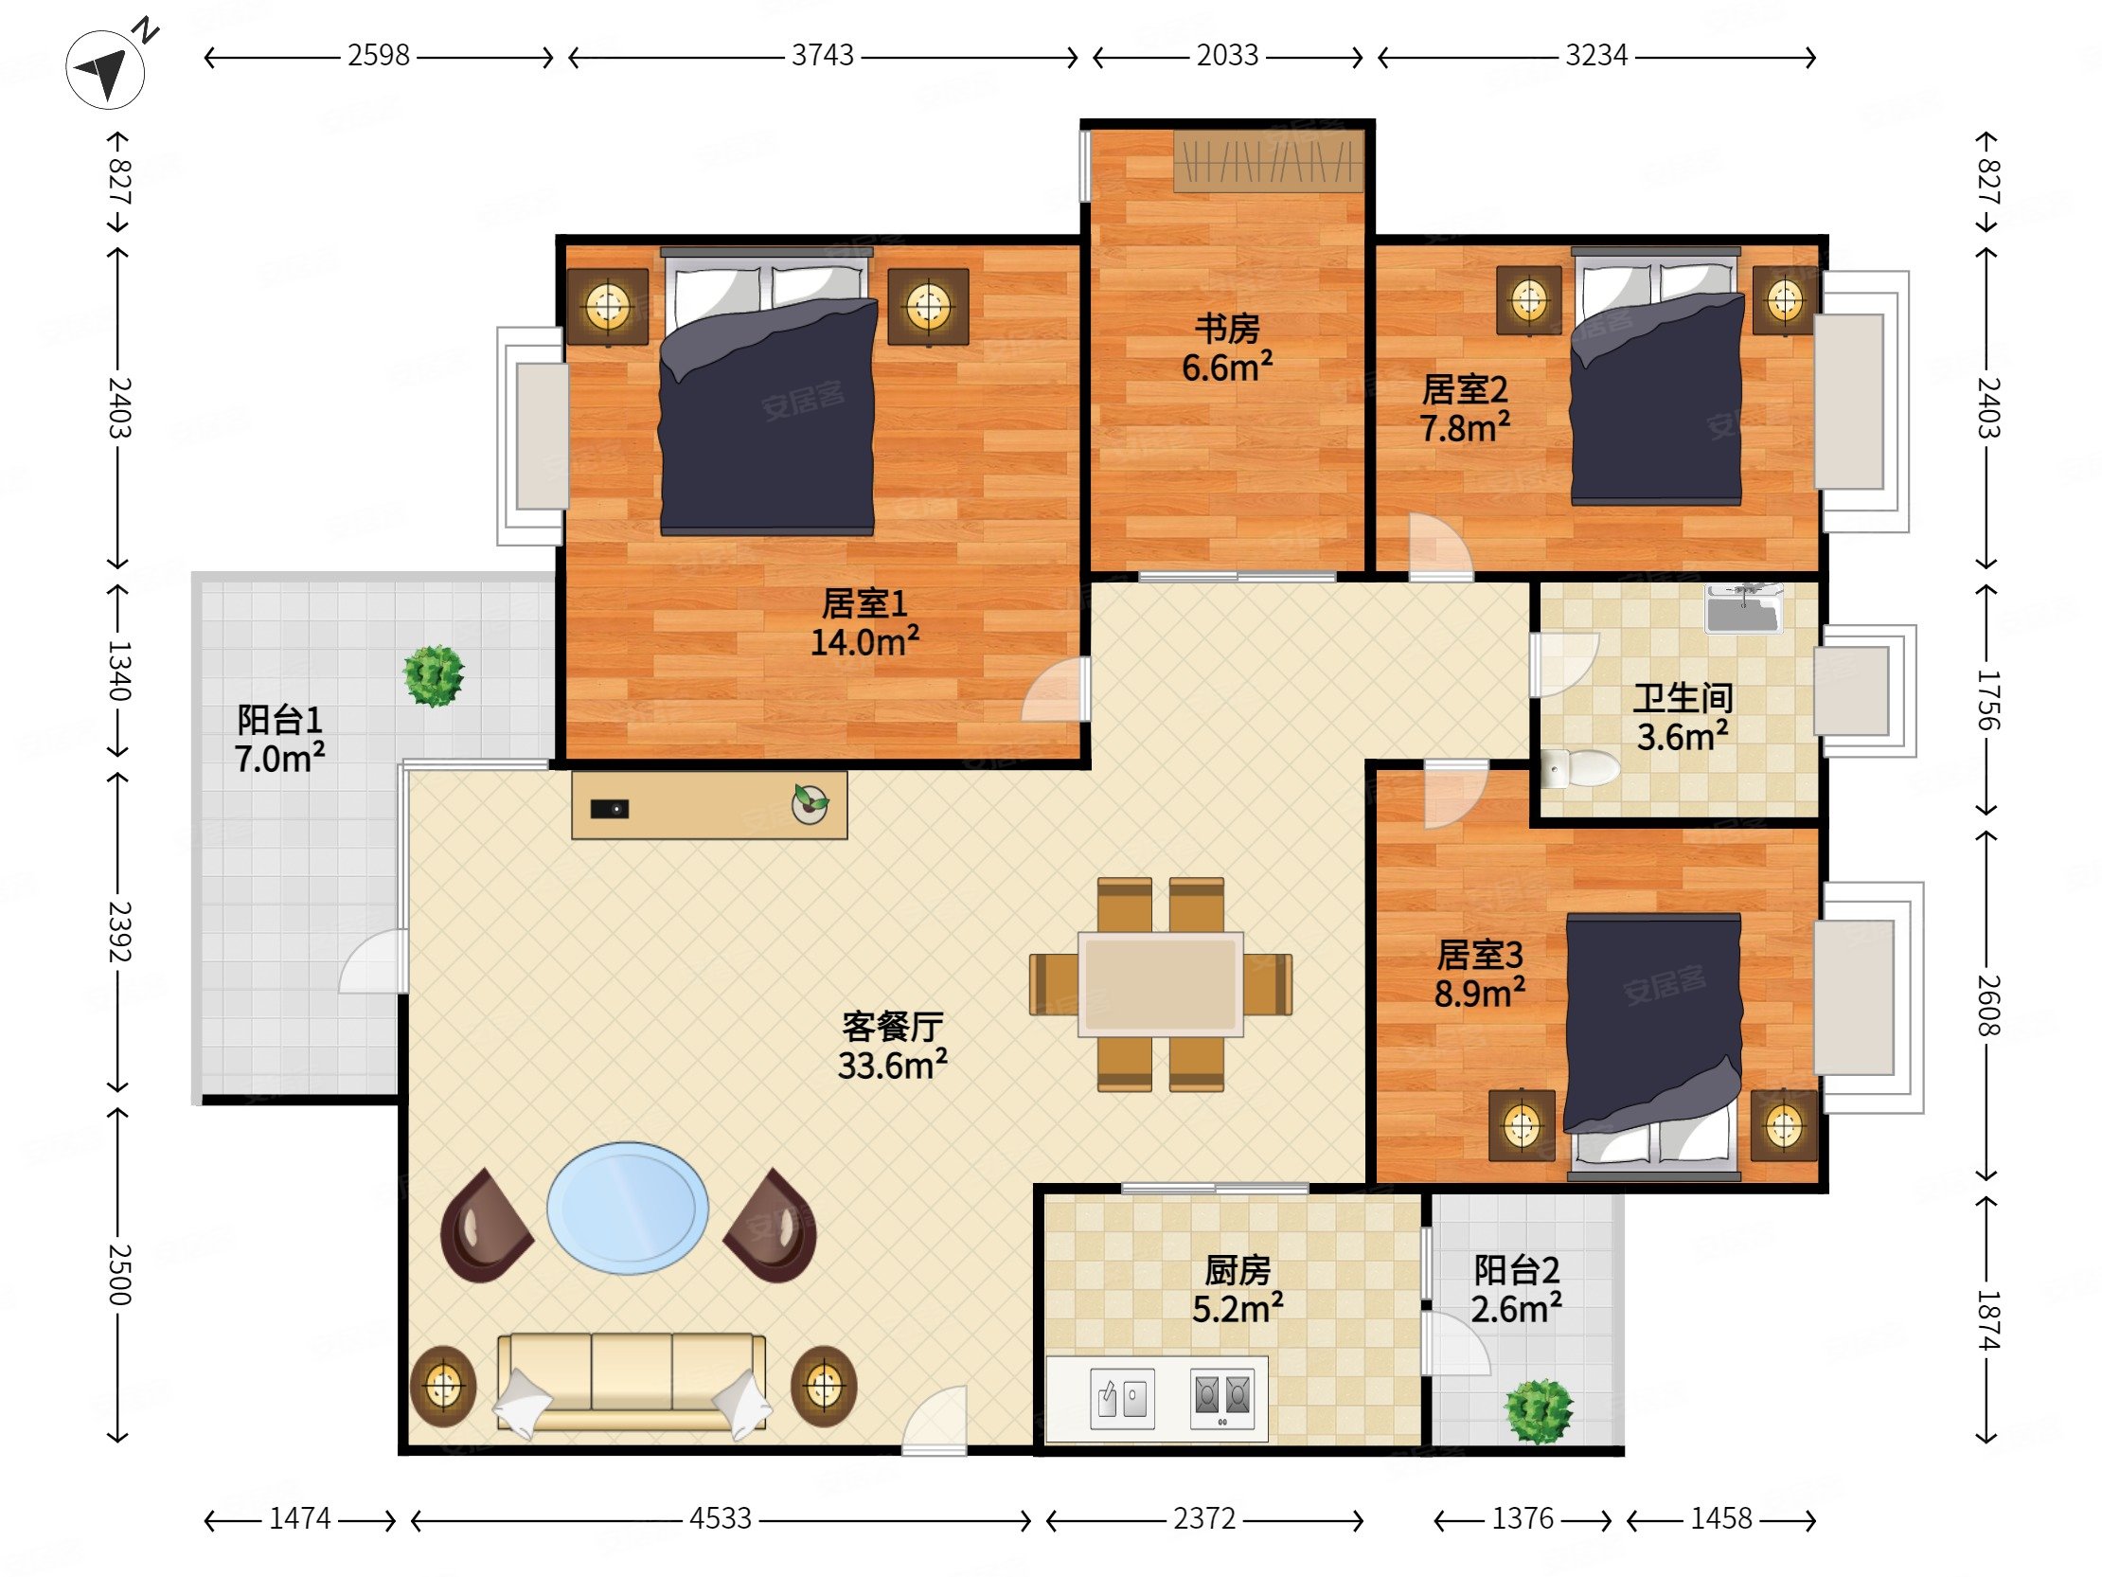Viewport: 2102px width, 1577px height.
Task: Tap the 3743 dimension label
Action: pos(823,56)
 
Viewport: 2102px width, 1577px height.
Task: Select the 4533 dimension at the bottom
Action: pos(721,1519)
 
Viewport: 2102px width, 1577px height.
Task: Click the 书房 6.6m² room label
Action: pos(1227,348)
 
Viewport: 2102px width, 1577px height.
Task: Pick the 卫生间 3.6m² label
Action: pos(1682,718)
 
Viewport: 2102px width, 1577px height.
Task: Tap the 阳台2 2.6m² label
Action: pos(1517,1289)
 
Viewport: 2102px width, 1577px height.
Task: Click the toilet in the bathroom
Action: pos(1578,768)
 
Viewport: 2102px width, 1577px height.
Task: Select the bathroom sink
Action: pos(1745,608)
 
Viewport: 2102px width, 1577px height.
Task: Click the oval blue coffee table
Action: pos(627,1208)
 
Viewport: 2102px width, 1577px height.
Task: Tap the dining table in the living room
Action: pos(1160,983)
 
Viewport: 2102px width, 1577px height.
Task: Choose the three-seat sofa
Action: pos(632,1383)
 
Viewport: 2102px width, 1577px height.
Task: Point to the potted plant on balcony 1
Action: pos(435,676)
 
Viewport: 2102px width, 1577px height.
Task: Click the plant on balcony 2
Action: pos(1540,1412)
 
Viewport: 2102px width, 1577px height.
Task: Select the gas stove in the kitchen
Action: pos(1222,1397)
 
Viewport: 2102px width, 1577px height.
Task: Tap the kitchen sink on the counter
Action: pos(1122,1398)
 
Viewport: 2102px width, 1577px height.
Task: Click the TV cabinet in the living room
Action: pos(709,804)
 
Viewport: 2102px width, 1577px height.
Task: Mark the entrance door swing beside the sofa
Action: pos(935,1421)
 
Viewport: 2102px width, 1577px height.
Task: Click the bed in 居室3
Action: pos(1652,1041)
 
